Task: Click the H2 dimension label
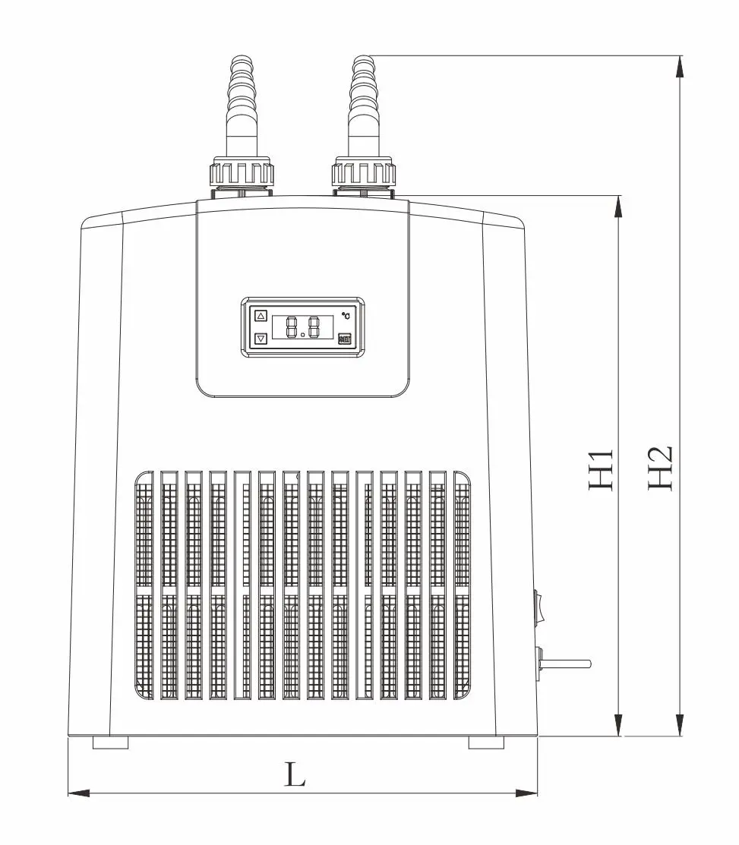click(x=660, y=468)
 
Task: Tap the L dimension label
click(x=295, y=774)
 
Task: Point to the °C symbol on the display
click(x=346, y=314)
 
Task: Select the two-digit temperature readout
click(x=302, y=327)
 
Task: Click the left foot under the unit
click(x=110, y=743)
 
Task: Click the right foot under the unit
click(x=486, y=743)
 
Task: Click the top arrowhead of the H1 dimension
click(x=620, y=206)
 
